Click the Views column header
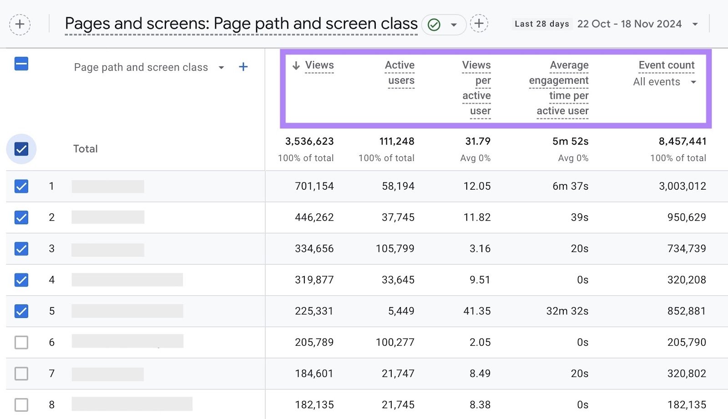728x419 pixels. [319, 65]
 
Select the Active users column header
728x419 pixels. [400, 72]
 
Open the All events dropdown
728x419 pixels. [664, 82]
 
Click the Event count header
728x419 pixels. [666, 65]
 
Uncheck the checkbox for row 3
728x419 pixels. [21, 248]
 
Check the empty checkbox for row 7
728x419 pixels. [21, 374]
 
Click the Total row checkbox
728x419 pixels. [21, 149]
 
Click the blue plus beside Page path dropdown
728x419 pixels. [243, 67]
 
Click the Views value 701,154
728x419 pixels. [314, 186]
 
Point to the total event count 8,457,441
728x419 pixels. [682, 141]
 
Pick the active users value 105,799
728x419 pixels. [395, 248]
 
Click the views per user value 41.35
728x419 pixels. [477, 311]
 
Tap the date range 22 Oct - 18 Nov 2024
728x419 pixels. [629, 24]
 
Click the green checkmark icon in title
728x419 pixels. [434, 25]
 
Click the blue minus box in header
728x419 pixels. [21, 64]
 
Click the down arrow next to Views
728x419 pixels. [296, 66]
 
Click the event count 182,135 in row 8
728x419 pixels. [687, 404]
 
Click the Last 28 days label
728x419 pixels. [541, 24]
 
